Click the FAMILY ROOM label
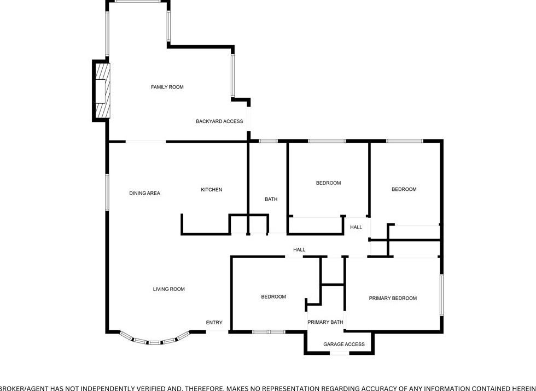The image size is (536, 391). pos(167,87)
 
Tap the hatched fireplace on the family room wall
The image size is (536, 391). pos(102,91)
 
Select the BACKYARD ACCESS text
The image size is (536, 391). pos(219,121)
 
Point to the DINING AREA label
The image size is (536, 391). pos(144,193)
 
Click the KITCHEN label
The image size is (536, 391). pos(211,190)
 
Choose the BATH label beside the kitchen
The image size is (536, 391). pos(271,200)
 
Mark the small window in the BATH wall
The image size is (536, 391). pos(268,141)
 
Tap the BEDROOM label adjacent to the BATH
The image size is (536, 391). pos(328,183)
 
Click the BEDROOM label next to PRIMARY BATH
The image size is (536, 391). pos(273,297)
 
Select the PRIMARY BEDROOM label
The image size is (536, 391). pos(393,299)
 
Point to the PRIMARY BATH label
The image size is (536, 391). pos(325,322)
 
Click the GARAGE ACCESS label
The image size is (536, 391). pos(343,345)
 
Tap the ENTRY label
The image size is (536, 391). pos(214,323)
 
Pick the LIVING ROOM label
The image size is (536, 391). pos(168,289)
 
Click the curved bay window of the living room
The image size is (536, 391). pos(155,342)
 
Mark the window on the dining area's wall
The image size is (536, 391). pos(107,191)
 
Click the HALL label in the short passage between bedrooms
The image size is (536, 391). pos(356,227)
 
